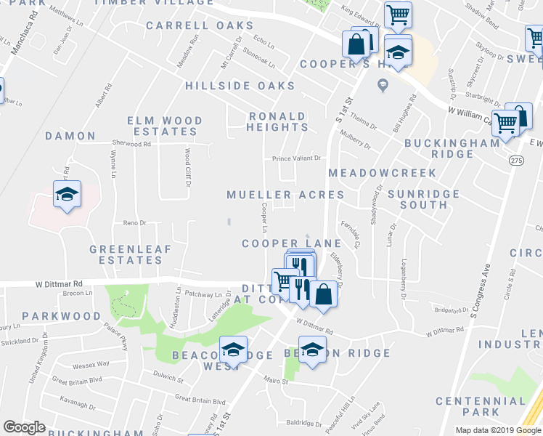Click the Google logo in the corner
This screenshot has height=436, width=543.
pyautogui.click(x=24, y=427)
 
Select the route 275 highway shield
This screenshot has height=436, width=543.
pyautogui.click(x=515, y=161)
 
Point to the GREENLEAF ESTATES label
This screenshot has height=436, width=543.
pyautogui.click(x=130, y=254)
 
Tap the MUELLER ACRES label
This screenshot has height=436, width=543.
pyautogui.click(x=285, y=195)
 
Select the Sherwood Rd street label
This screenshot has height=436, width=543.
pyautogui.click(x=131, y=144)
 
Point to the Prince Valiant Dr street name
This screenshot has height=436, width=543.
pyautogui.click(x=296, y=158)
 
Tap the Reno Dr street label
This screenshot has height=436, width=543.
pyautogui.click(x=134, y=222)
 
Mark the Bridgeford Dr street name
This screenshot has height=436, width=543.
pyautogui.click(x=452, y=310)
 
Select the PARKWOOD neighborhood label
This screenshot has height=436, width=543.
pyautogui.click(x=61, y=316)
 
